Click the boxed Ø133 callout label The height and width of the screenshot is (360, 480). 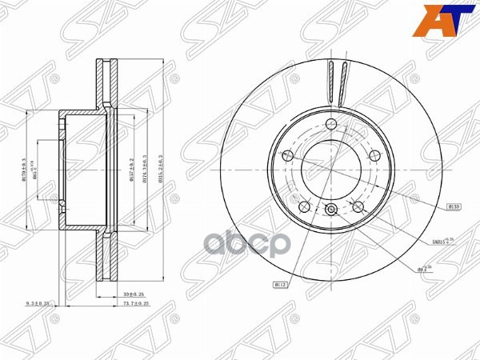coord(454,206)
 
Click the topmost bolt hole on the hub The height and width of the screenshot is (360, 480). coord(330,123)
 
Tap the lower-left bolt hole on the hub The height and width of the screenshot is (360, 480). coord(303,206)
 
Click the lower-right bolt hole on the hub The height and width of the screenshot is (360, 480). coord(358,206)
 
